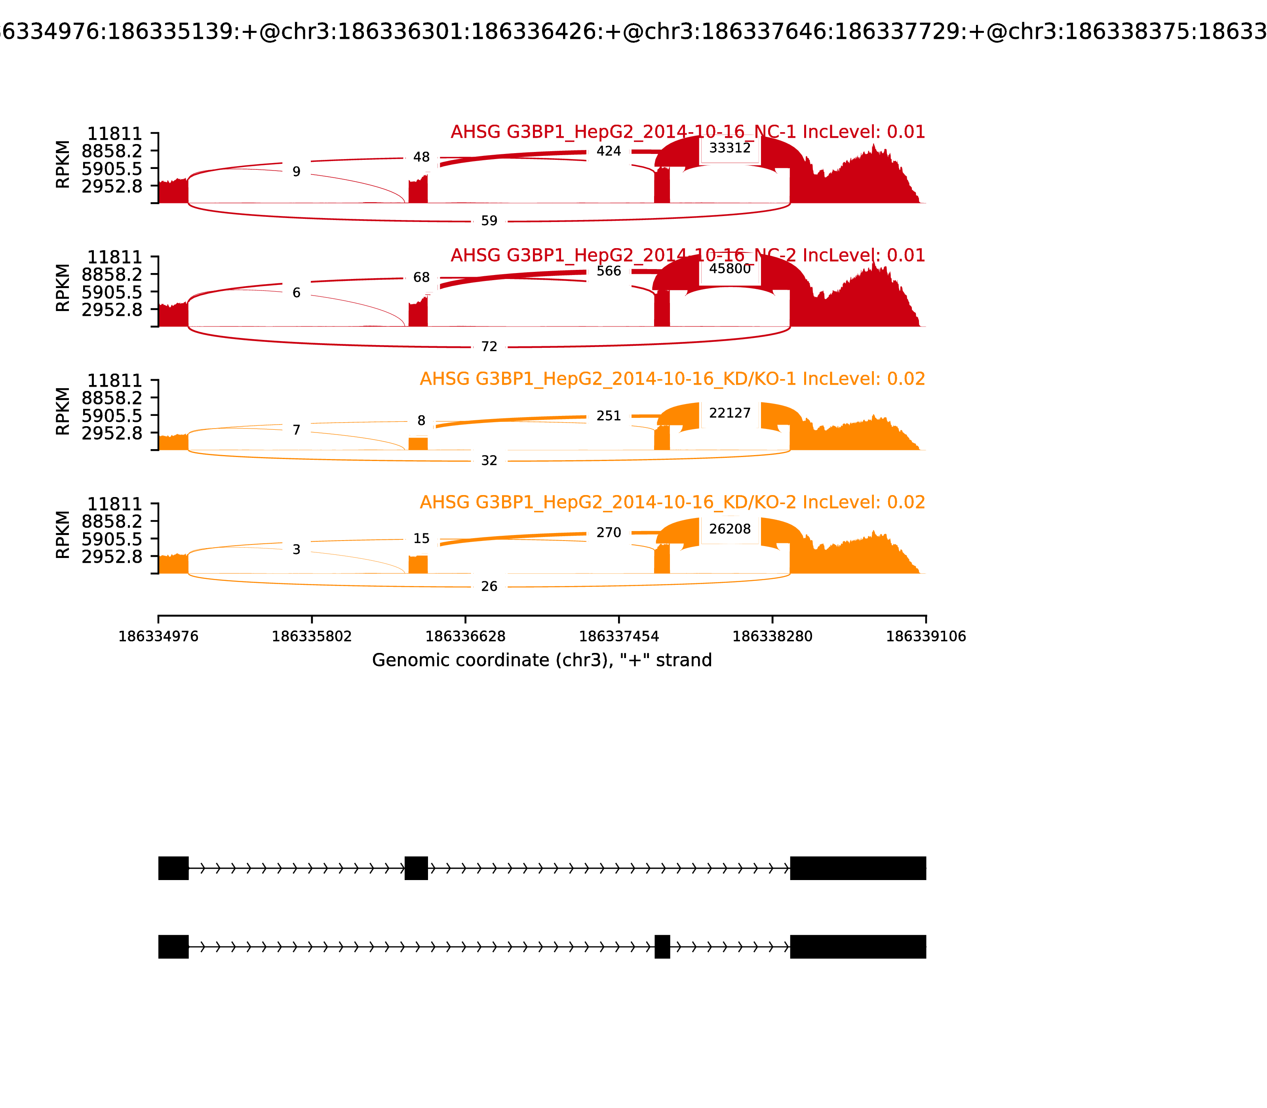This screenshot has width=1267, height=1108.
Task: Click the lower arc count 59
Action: (x=489, y=221)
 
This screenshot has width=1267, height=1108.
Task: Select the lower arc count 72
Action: (x=489, y=347)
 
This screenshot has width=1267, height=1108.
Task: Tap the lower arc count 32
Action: (x=489, y=461)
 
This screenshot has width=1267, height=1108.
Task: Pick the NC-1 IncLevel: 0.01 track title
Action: (x=687, y=132)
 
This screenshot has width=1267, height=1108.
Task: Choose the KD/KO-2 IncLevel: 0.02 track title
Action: (x=672, y=502)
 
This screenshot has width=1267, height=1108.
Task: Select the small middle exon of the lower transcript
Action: (x=662, y=947)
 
